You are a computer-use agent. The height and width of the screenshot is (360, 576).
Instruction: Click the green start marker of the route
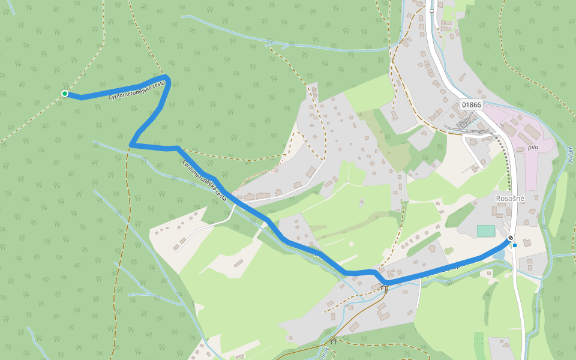pos(64,94)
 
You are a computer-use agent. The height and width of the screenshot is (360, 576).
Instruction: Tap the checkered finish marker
pos(511,239)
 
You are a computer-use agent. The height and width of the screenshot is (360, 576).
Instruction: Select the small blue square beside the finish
pos(515,245)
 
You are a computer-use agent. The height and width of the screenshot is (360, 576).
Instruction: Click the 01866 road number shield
pos(471,104)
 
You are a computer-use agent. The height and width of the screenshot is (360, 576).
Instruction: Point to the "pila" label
pos(533,147)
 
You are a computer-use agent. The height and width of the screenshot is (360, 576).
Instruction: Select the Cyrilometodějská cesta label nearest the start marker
pos(136,91)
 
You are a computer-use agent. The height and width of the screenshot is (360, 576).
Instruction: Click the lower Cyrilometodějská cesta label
pos(205,180)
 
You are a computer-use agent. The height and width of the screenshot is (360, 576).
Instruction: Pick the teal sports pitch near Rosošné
pos(486,230)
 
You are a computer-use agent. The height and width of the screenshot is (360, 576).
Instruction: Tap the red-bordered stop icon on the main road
pos(431,11)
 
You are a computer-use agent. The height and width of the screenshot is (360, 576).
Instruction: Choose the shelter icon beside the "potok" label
pos(334,341)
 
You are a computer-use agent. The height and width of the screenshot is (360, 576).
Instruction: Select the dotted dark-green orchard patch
pos(479,345)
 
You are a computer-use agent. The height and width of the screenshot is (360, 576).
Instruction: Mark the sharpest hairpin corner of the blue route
pos(131,144)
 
